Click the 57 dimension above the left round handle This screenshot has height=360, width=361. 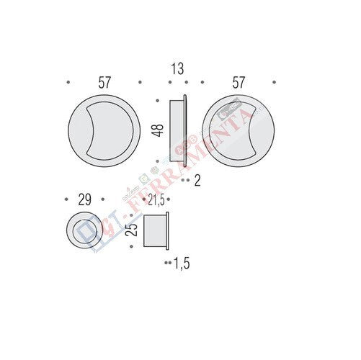pyautogui.click(x=104, y=83)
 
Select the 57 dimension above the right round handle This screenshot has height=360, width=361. pyautogui.click(x=238, y=83)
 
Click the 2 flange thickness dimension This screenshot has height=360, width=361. pyautogui.click(x=197, y=181)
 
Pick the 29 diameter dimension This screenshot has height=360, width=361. pyautogui.click(x=84, y=200)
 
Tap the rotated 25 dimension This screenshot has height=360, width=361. pyautogui.click(x=130, y=230)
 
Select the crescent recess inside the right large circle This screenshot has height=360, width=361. pyautogui.click(x=244, y=129)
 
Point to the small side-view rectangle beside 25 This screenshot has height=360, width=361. pyautogui.click(x=156, y=230)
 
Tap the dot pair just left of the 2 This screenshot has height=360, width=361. pyautogui.click(x=186, y=181)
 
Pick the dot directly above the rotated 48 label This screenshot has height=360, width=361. pyautogui.click(x=158, y=101)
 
